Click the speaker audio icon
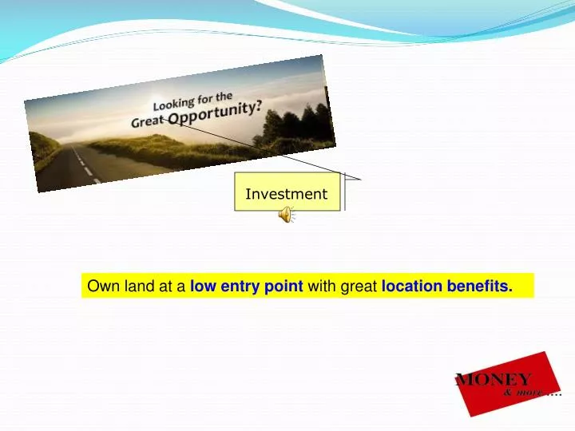point(285,214)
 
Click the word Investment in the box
point(286,194)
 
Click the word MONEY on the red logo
point(493,380)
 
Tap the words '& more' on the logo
point(524,393)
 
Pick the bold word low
point(203,286)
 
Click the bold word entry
point(241,286)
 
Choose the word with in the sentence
point(322,286)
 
